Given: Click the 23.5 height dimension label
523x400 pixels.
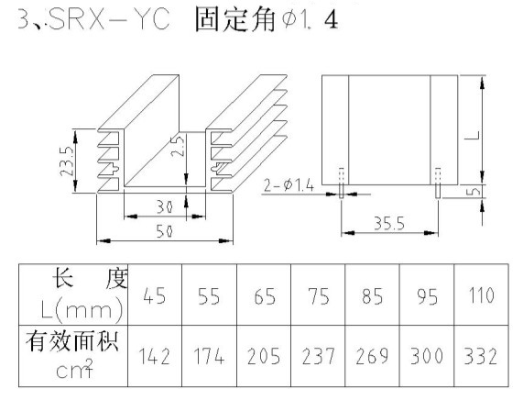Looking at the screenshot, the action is click(x=67, y=161).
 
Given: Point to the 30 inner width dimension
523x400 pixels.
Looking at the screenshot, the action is click(x=165, y=207).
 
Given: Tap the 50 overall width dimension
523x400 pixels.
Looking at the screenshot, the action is click(x=165, y=231).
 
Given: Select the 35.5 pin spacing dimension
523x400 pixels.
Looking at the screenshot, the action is click(x=389, y=223).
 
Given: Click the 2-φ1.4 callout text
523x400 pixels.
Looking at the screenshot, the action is click(x=289, y=185).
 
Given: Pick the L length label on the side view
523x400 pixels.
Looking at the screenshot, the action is click(x=475, y=135).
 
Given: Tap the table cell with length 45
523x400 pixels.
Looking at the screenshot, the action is click(x=155, y=294).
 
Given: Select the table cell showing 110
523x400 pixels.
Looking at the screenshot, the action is click(x=481, y=294).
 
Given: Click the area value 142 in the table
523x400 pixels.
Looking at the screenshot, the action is click(x=155, y=356).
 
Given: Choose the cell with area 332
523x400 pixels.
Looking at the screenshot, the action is click(x=481, y=356).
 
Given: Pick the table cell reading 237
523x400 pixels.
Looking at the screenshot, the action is click(x=318, y=356).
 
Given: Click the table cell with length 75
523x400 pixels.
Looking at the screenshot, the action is click(x=318, y=294).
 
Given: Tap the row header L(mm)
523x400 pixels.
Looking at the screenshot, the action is click(x=82, y=310).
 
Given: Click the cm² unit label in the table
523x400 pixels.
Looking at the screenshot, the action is click(x=74, y=369).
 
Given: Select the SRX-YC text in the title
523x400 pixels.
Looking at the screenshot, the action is click(x=109, y=19).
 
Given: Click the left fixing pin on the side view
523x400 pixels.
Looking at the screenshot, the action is click(x=342, y=183).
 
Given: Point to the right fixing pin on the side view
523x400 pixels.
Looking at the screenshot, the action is click(x=438, y=183).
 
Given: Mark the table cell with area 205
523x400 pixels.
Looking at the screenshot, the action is click(x=264, y=356).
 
